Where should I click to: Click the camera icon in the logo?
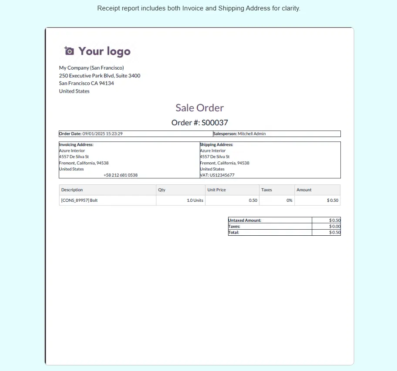pos(69,51)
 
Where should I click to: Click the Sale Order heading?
pos(199,108)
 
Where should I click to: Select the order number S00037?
pos(215,123)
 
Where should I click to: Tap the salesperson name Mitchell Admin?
pos(252,134)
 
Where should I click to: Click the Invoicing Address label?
pos(76,144)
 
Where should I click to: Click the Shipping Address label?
pos(216,144)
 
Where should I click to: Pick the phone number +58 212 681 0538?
pos(121,175)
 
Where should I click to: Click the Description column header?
pos(72,190)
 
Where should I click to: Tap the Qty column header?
pos(161,190)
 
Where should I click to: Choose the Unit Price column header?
pos(216,190)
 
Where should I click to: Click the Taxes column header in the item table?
pos(266,190)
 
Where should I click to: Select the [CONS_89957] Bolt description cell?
pos(79,201)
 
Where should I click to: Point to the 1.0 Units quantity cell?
pos(195,201)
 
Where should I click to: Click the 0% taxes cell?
pos(289,201)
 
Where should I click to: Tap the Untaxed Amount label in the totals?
pos(245,221)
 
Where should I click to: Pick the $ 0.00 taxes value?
pos(335,227)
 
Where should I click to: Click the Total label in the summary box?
pos(234,233)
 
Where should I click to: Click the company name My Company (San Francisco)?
pos(91,68)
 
